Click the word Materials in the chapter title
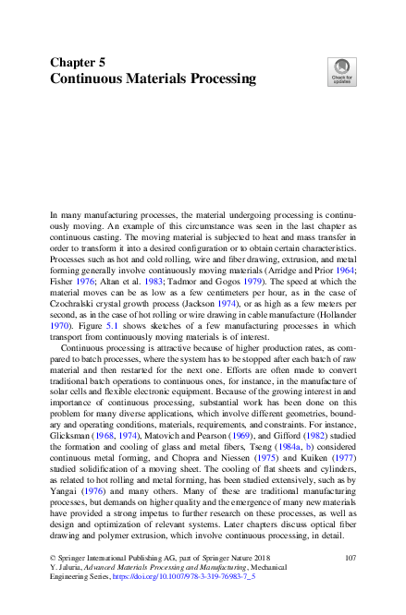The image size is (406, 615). [x=160, y=79]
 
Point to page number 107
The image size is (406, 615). [x=350, y=559]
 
